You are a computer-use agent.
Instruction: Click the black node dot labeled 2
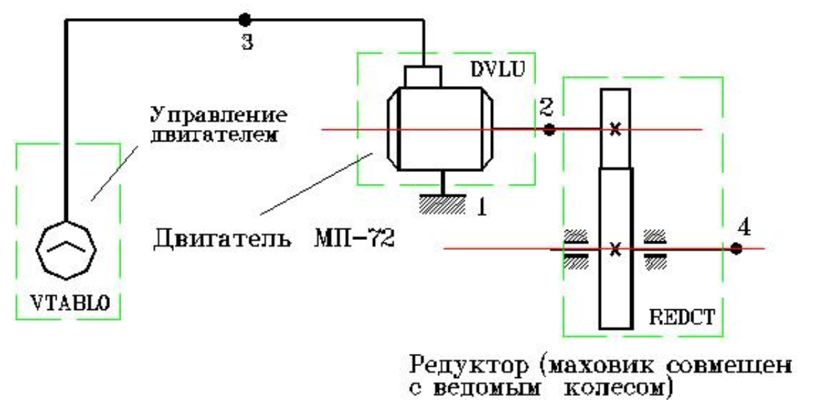click(x=549, y=130)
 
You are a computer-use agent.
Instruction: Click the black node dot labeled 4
click(x=735, y=249)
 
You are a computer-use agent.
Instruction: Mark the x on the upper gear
click(x=616, y=130)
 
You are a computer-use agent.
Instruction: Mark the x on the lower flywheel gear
click(x=616, y=251)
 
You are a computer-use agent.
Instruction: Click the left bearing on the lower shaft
click(x=576, y=249)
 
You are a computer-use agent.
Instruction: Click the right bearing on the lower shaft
click(x=655, y=249)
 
